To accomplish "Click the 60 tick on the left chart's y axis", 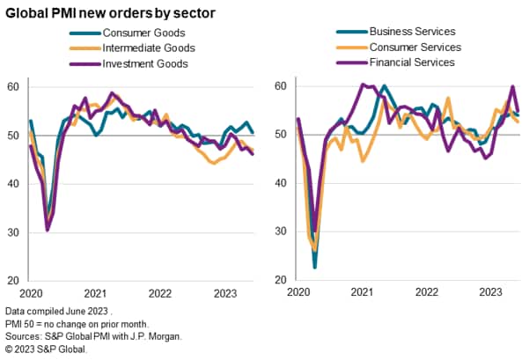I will [12, 86].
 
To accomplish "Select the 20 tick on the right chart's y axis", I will [279, 280].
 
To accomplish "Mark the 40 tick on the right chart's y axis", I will [279, 183].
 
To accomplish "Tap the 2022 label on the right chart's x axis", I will [426, 293].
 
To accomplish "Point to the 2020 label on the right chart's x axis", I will [297, 293].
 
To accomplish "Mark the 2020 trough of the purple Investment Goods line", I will [47, 230].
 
